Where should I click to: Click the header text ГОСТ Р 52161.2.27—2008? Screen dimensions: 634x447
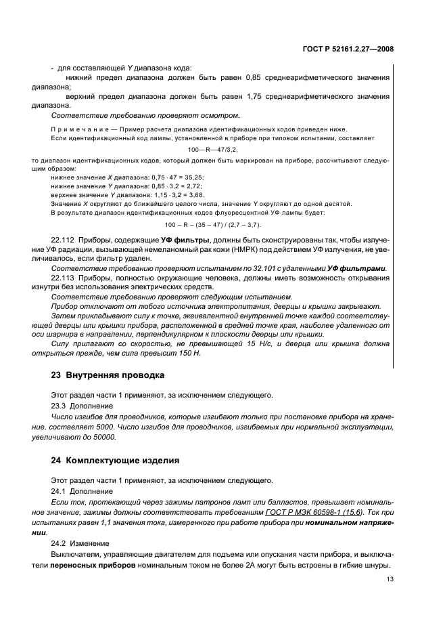click(x=348, y=49)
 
